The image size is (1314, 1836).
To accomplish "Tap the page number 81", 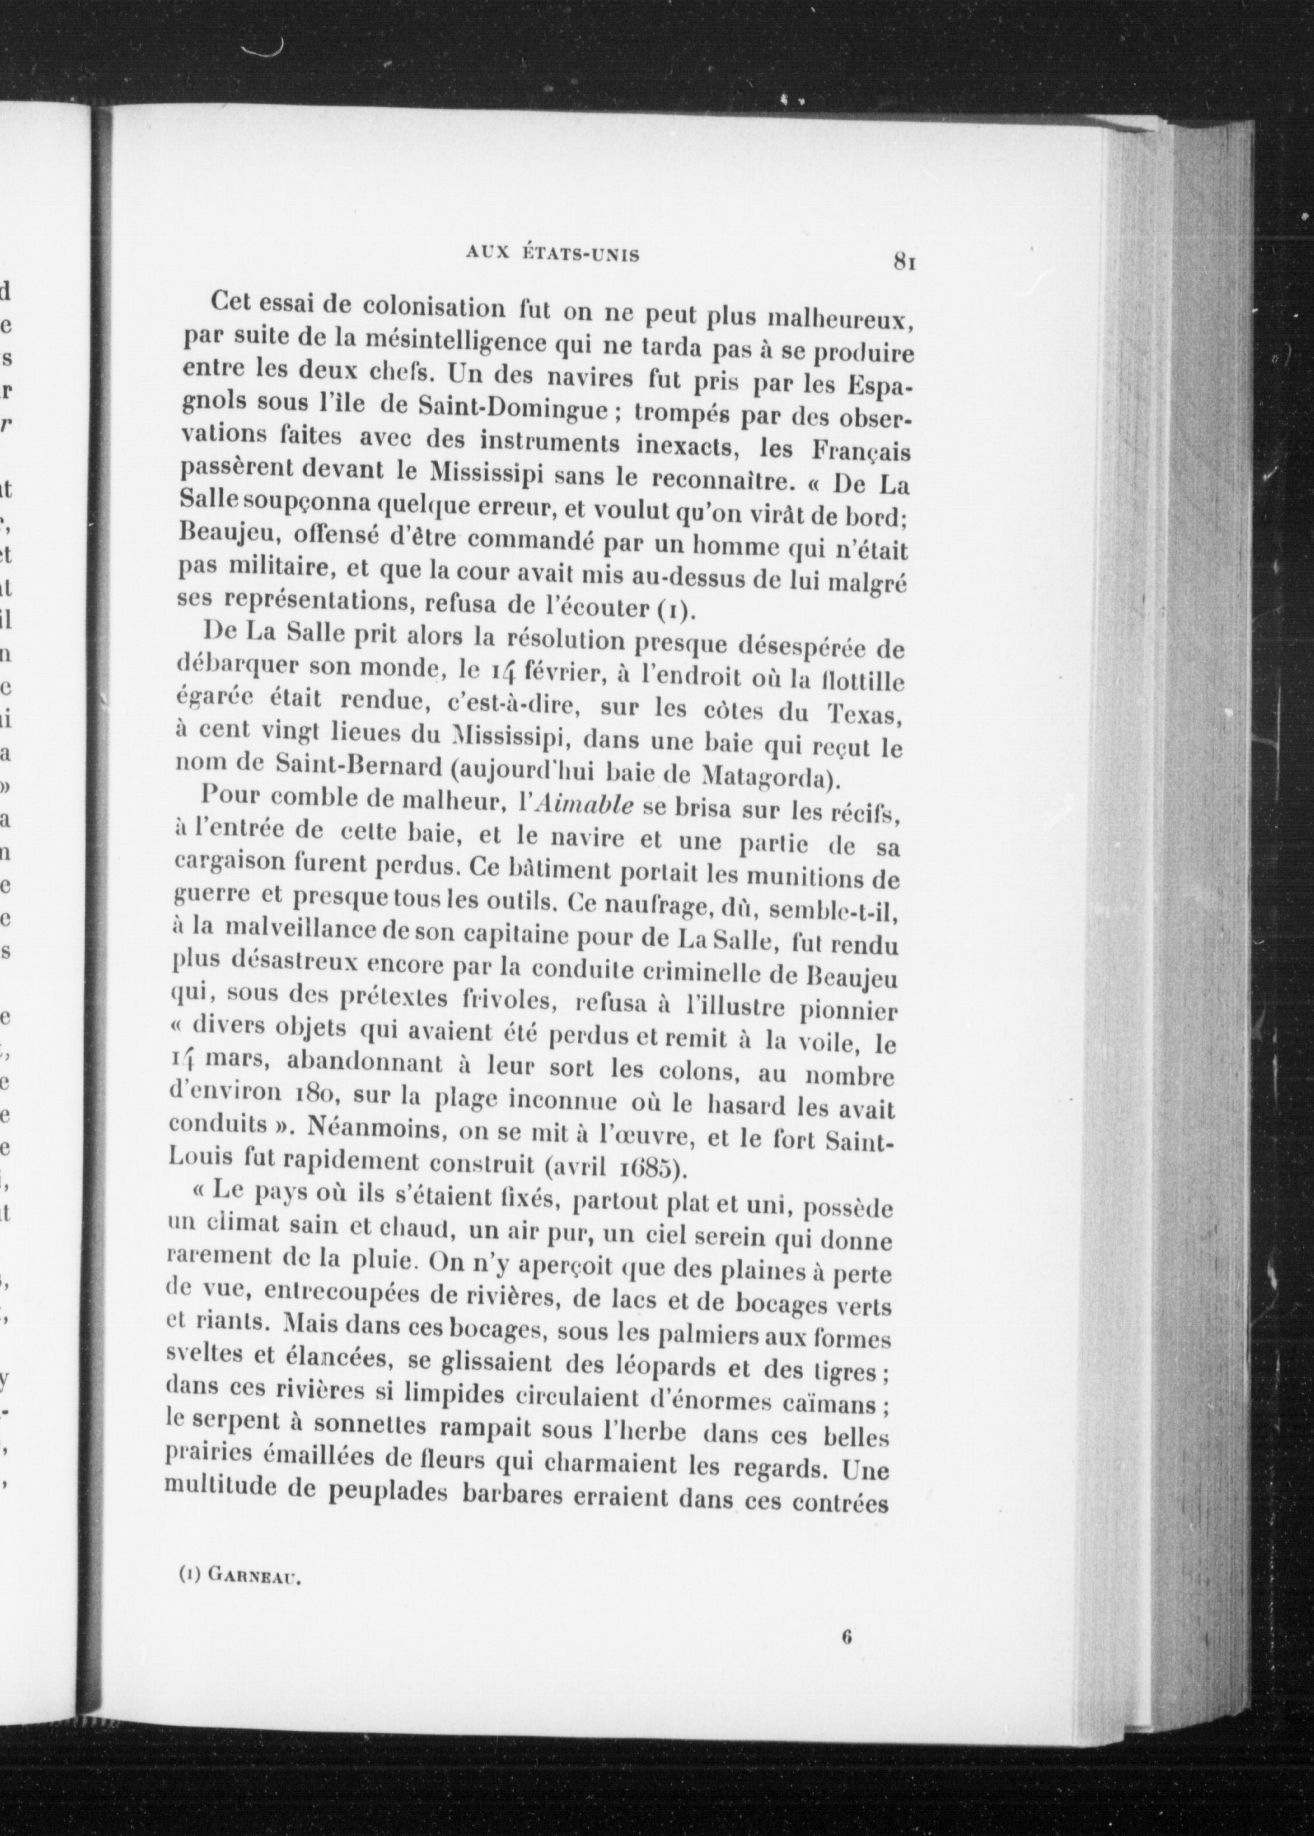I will tap(904, 261).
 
